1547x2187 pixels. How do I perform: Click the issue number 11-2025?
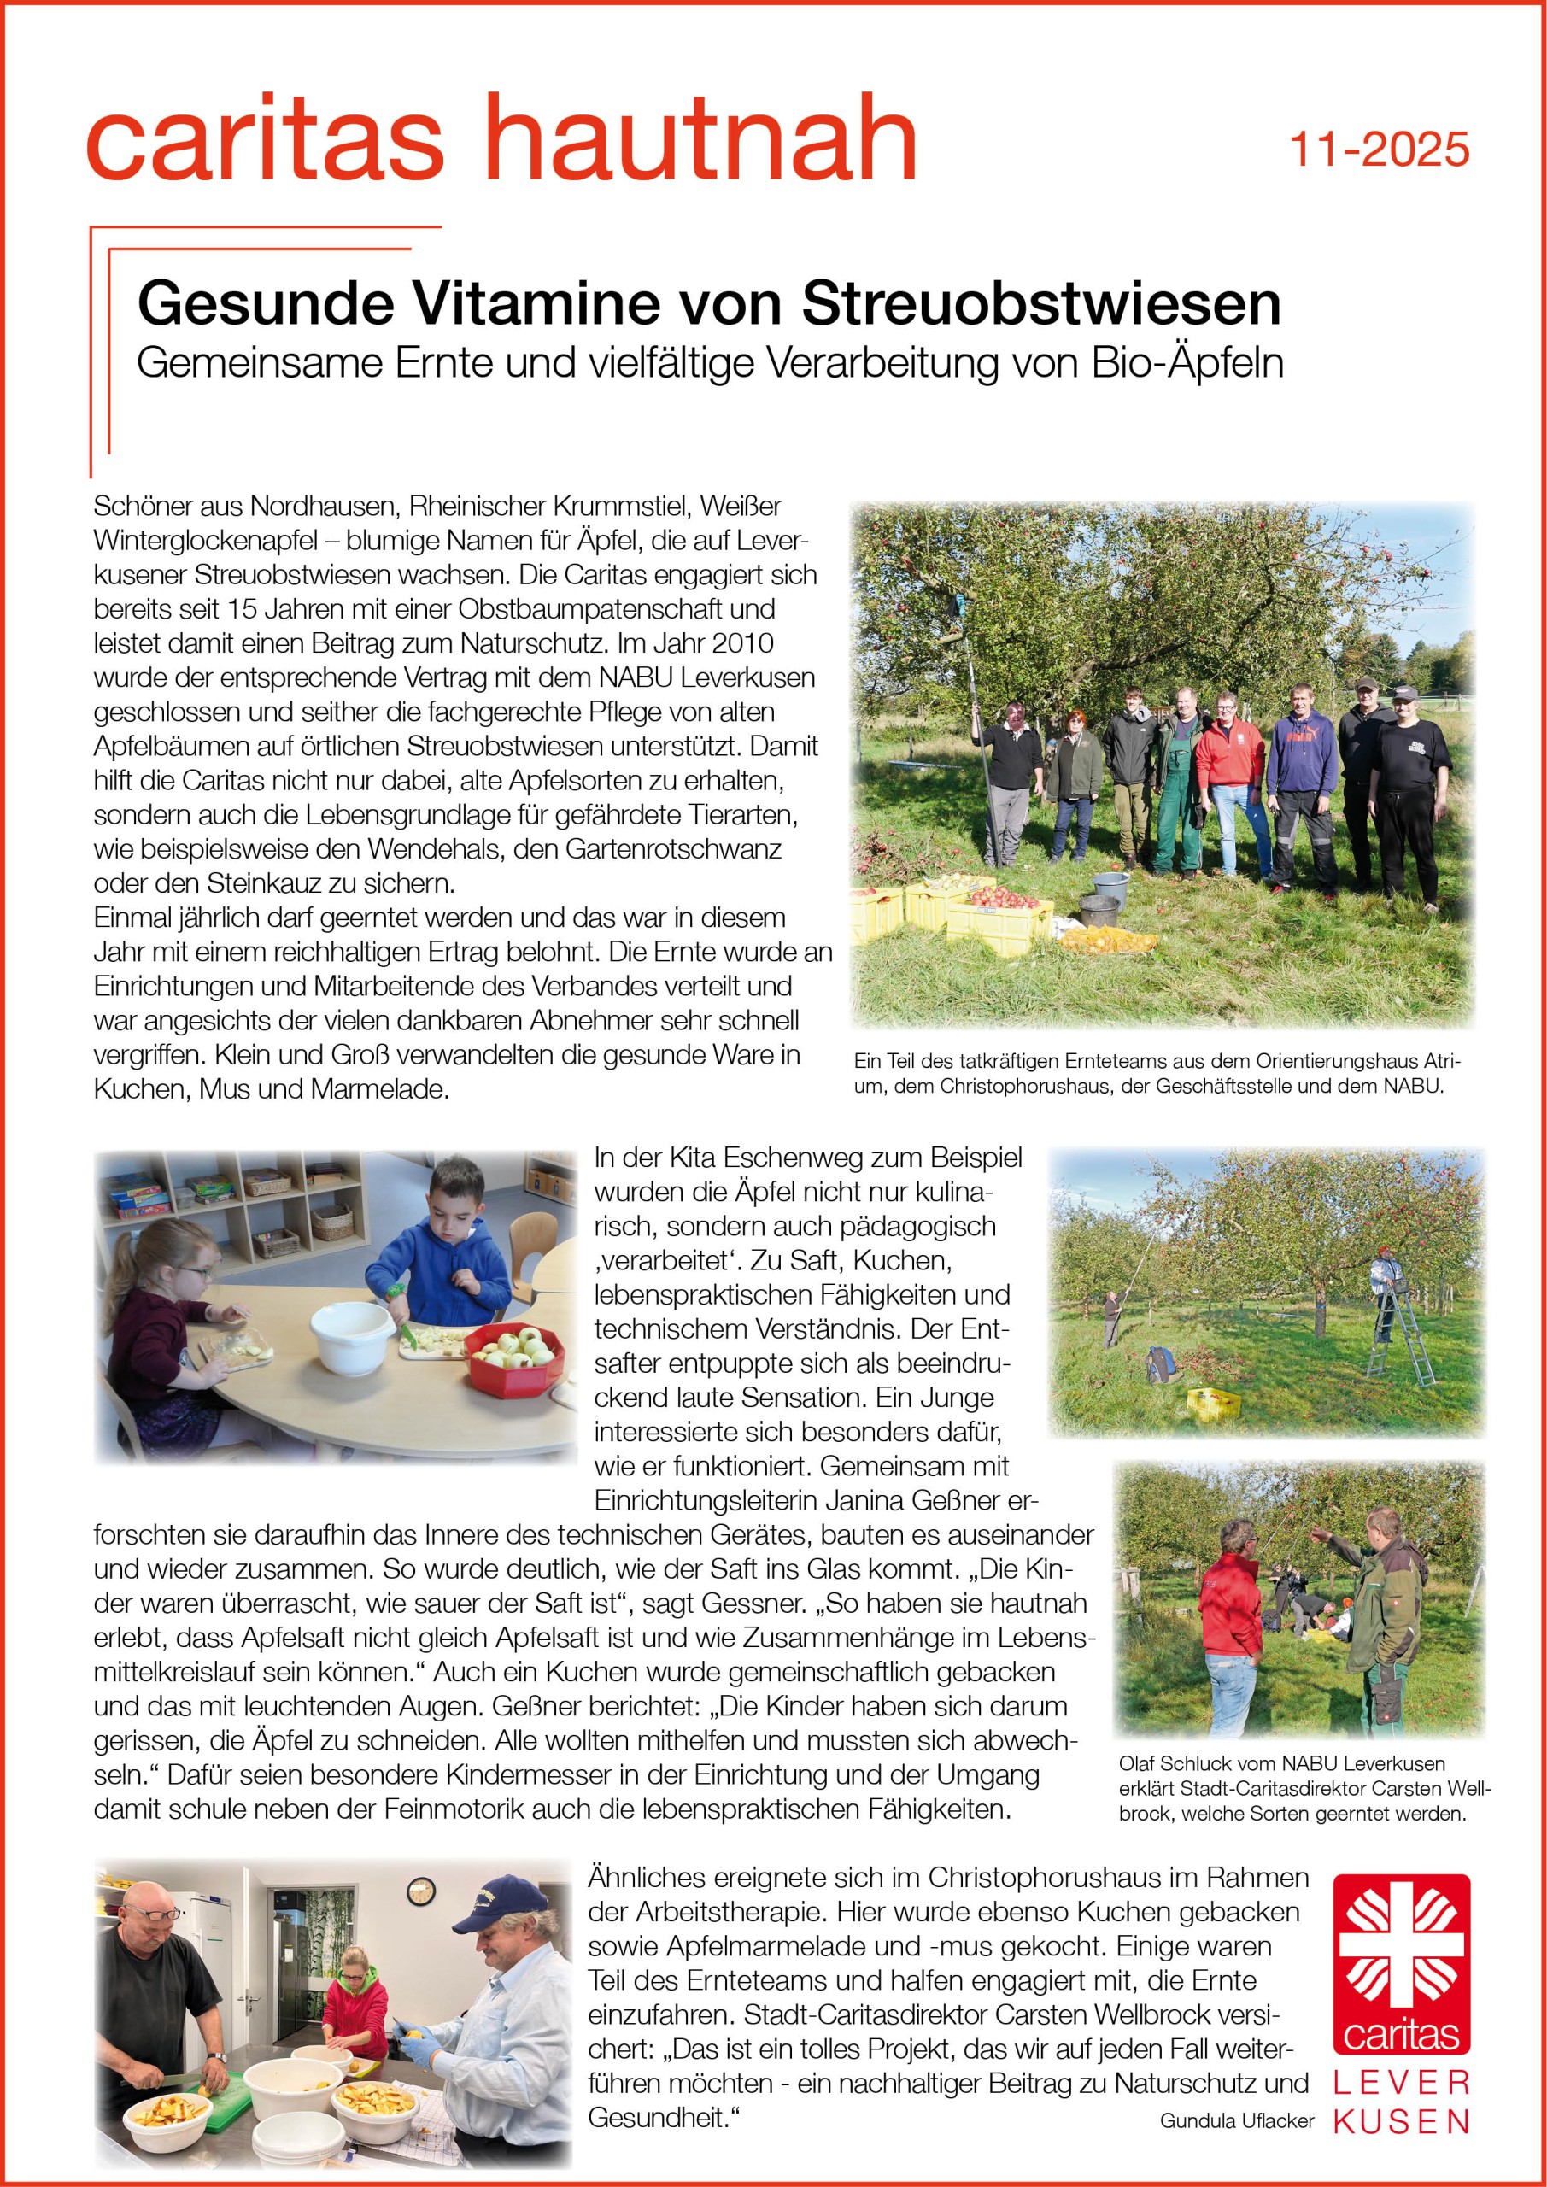(1379, 150)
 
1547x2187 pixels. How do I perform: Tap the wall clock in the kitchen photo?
(420, 1891)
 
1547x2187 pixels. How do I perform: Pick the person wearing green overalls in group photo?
(1181, 784)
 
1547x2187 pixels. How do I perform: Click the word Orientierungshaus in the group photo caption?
(1333, 1061)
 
